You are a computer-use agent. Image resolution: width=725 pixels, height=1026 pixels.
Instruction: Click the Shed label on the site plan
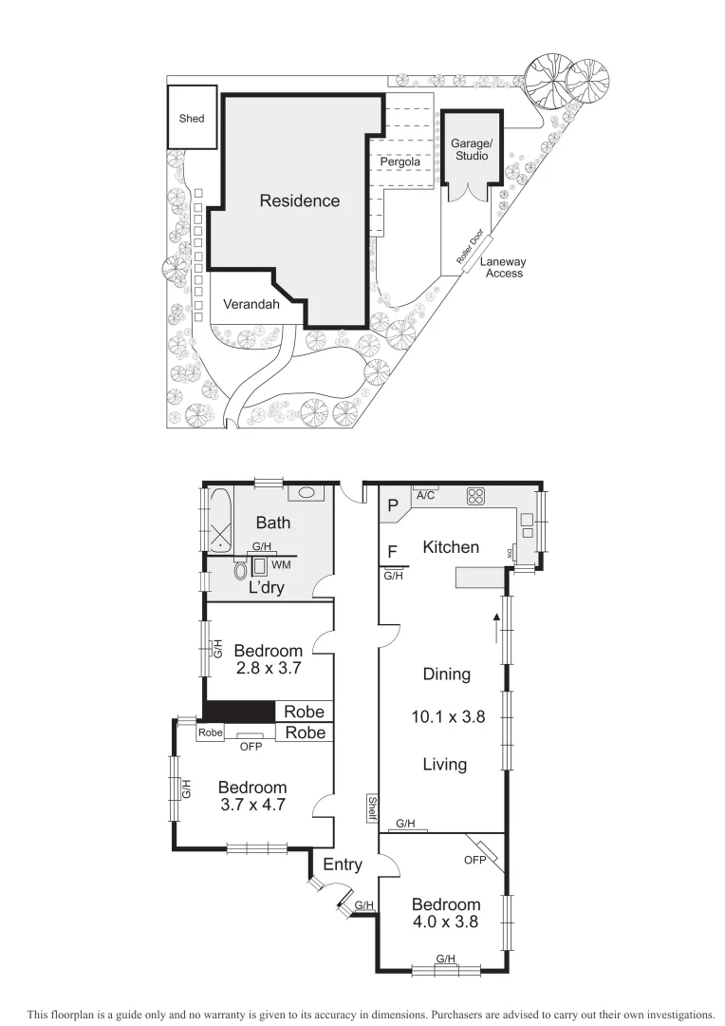click(192, 120)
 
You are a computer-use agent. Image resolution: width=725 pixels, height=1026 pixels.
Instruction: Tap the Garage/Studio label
click(470, 148)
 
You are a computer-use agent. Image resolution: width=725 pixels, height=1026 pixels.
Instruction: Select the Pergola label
click(400, 162)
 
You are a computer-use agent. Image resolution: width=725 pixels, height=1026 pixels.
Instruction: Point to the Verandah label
click(251, 305)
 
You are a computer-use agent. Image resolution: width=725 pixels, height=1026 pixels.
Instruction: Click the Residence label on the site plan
click(299, 201)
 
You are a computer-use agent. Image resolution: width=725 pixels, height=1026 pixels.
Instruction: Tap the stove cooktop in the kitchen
click(475, 496)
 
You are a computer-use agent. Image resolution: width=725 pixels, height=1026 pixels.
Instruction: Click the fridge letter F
click(392, 551)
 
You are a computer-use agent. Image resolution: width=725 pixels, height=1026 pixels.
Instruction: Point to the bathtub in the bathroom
click(220, 520)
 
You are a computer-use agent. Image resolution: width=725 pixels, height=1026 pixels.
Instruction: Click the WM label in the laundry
click(281, 565)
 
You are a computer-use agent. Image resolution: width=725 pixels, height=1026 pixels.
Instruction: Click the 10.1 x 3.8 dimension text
click(448, 718)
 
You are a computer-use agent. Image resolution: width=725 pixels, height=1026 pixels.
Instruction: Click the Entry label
click(343, 864)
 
